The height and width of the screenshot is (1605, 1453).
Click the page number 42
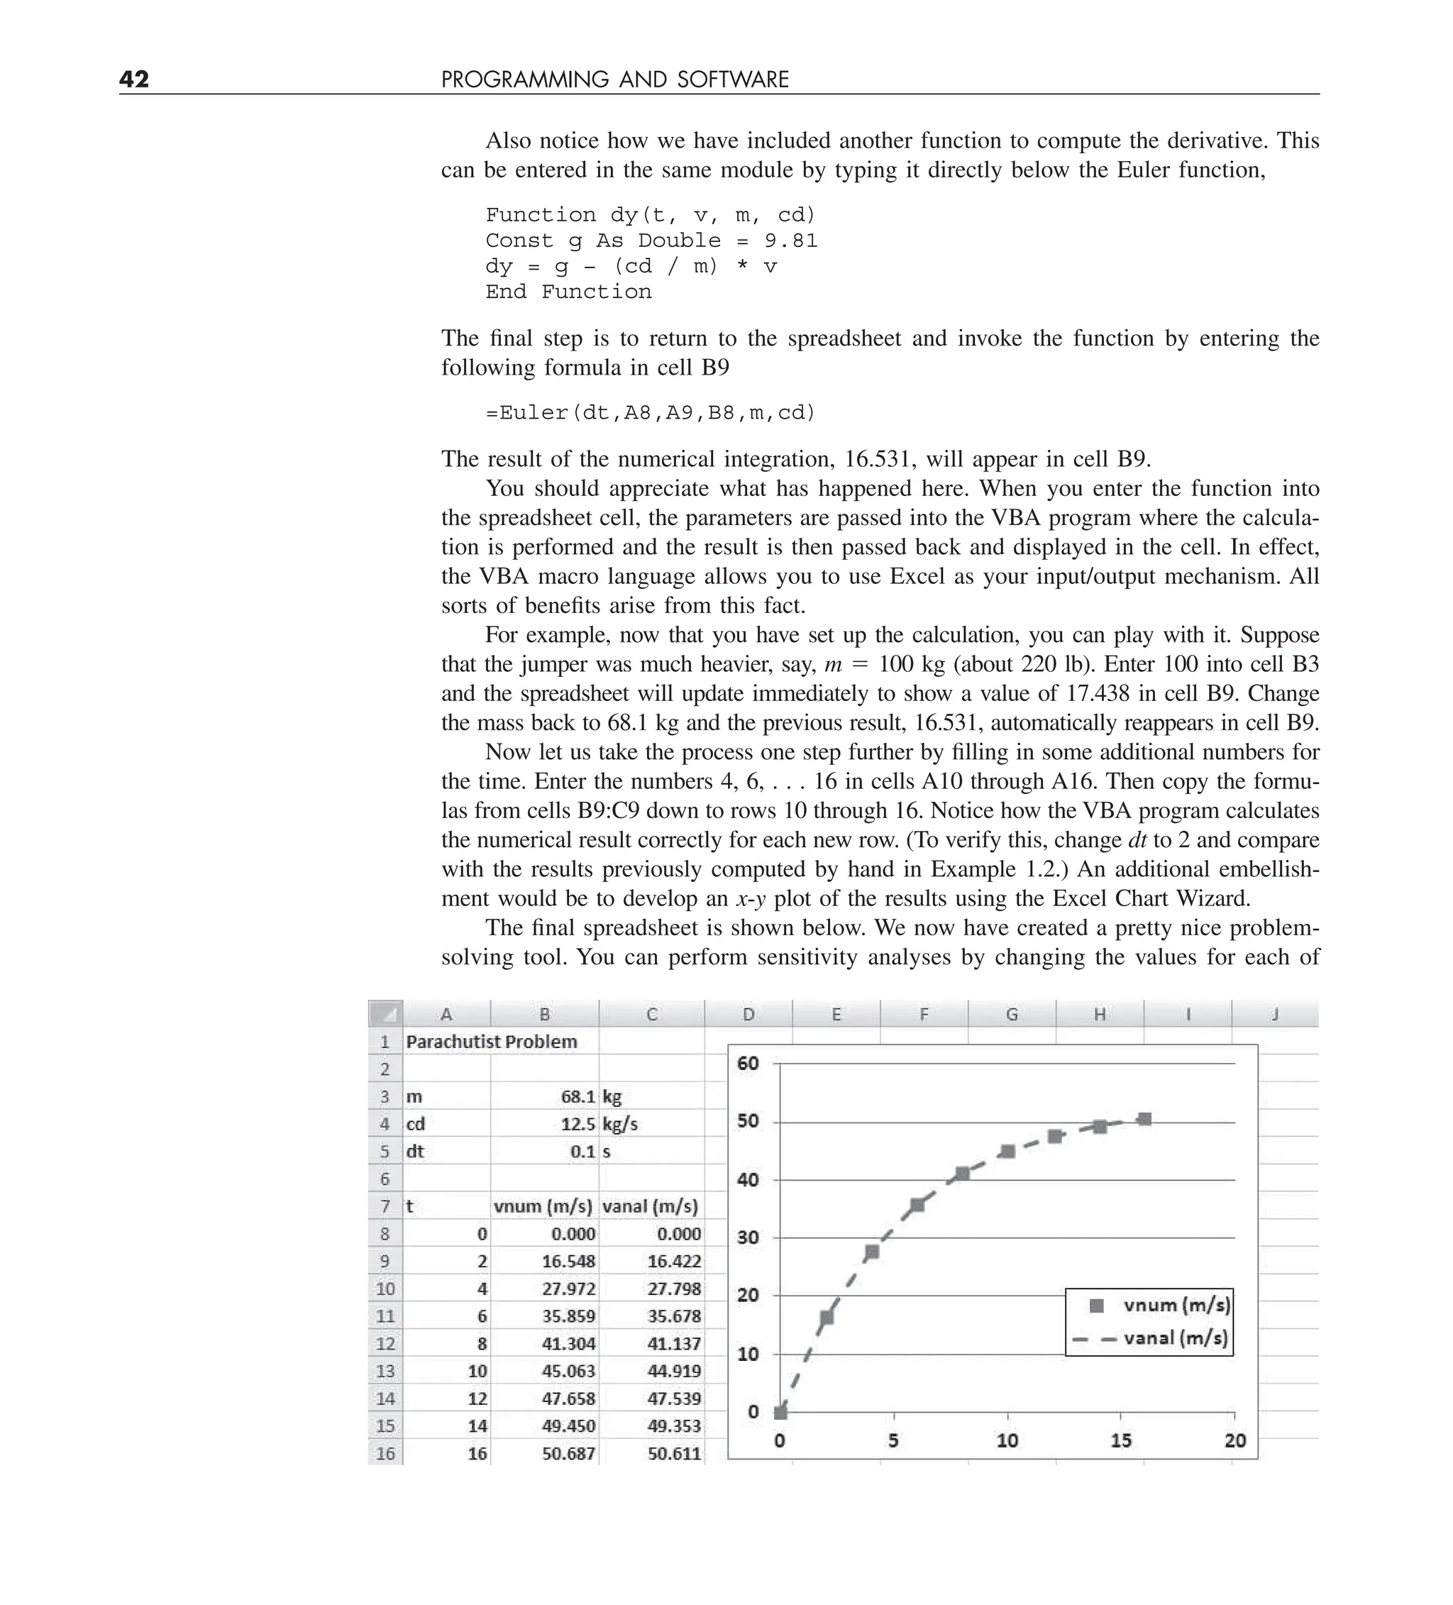point(134,79)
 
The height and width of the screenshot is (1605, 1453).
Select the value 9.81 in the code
point(790,241)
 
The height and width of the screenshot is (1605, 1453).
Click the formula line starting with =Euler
point(651,412)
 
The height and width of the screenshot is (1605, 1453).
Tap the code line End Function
point(568,292)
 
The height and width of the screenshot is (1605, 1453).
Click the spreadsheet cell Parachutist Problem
point(491,1042)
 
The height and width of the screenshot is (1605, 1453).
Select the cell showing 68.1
point(578,1096)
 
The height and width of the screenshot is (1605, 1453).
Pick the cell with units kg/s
point(620,1123)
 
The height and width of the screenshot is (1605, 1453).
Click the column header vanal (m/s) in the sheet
point(650,1206)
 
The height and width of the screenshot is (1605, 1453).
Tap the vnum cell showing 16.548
point(568,1261)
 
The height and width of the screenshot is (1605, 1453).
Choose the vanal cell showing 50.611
point(673,1453)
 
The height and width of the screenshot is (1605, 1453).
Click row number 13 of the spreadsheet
point(385,1371)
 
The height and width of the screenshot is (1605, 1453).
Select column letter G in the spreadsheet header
point(1011,1013)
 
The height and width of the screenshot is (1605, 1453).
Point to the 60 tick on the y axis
point(748,1063)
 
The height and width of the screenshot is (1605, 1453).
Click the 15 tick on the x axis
point(1120,1440)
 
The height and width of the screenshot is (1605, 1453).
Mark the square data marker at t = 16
point(1144,1120)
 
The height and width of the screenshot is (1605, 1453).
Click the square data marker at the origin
point(781,1412)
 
